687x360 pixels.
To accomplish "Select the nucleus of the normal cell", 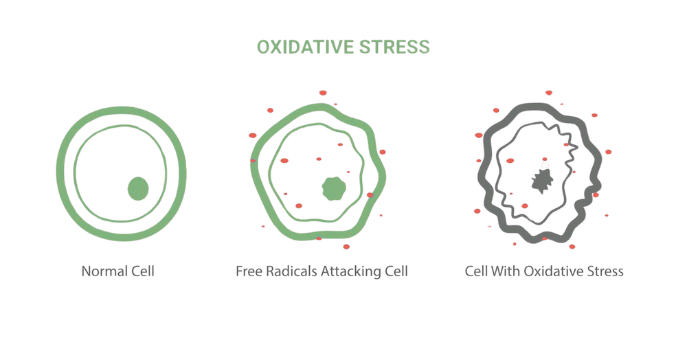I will (x=138, y=188).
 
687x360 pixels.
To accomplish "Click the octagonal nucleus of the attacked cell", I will (x=335, y=188).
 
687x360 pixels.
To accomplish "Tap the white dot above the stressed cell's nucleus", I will (x=544, y=164).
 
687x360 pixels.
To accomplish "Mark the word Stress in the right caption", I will (x=606, y=271).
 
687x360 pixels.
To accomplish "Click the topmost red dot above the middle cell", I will (x=322, y=92).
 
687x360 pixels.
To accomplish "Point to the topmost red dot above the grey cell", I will (x=548, y=92).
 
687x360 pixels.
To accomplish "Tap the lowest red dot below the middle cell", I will (x=346, y=246).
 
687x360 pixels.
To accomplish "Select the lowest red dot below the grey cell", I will (x=572, y=246).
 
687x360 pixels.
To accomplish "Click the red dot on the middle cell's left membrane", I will (x=253, y=161).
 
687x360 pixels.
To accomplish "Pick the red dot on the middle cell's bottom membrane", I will (x=319, y=238).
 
